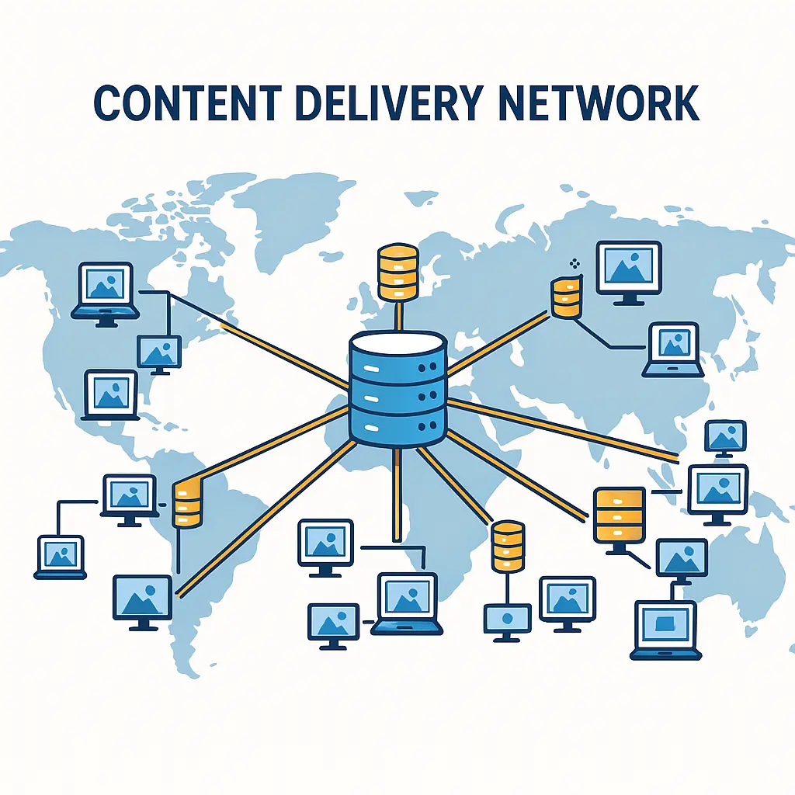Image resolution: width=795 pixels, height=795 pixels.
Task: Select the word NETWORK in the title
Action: pos(597,104)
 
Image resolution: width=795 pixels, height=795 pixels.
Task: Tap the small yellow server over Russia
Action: pos(566,297)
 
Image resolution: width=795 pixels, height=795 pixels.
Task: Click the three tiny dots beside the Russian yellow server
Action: pos(574,264)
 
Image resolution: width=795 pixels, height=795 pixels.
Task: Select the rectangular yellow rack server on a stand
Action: pos(619,515)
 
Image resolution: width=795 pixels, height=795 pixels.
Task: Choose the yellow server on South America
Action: pos(186,503)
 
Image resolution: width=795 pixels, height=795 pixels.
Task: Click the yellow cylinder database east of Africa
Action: pos(509,548)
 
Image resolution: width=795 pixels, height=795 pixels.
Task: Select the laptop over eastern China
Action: pos(673,349)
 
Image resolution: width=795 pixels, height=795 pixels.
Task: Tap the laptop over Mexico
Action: pos(111,394)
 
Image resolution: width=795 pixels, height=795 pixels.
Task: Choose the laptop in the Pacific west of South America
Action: pos(61,556)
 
